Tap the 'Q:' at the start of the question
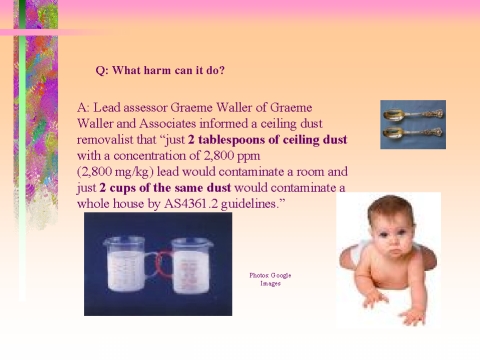tap(101, 70)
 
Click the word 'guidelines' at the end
tap(259, 203)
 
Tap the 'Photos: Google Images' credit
tap(270, 279)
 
